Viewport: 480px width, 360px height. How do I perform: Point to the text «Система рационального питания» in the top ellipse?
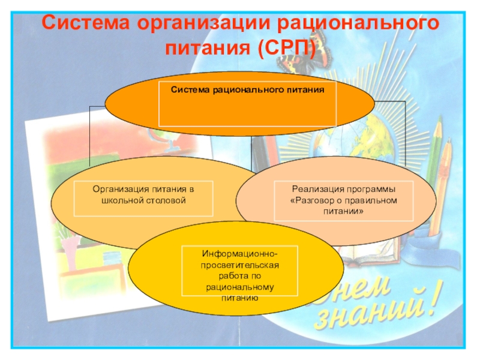(247, 89)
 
